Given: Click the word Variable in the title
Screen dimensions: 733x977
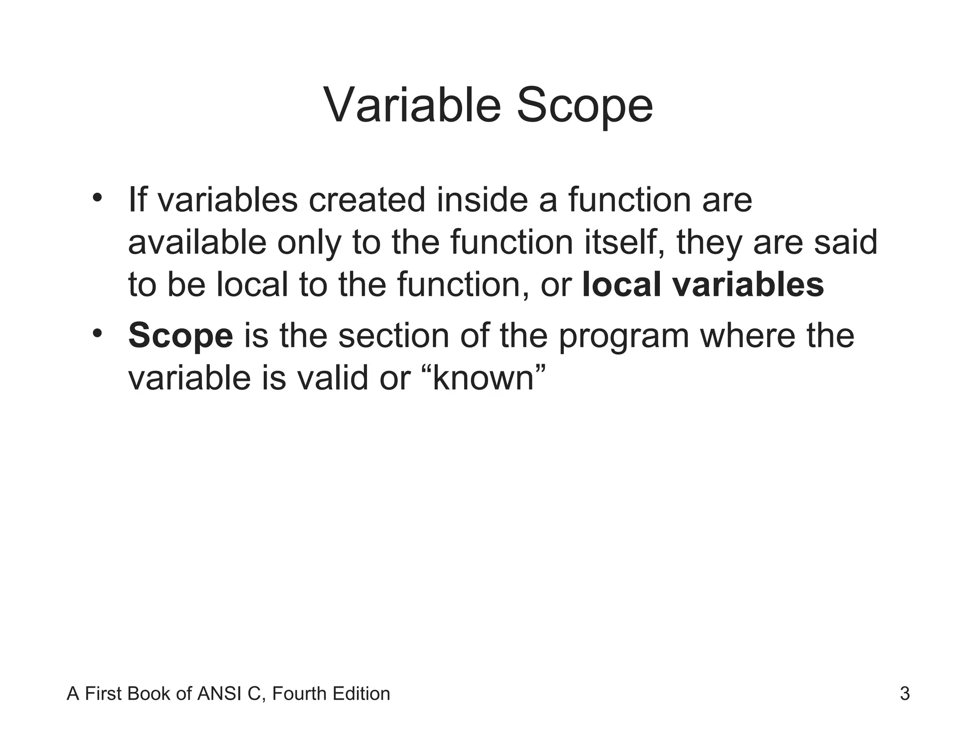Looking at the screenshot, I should [x=412, y=105].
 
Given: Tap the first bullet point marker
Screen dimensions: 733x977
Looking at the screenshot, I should [x=98, y=197].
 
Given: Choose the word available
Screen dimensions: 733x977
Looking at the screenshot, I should [x=197, y=242].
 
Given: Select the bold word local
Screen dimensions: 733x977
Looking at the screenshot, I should [x=621, y=284].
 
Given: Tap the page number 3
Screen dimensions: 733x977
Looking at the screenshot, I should [x=904, y=693].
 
